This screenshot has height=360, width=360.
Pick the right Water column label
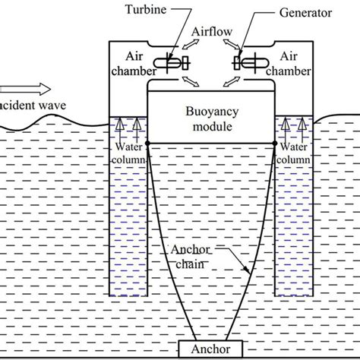[x=292, y=153]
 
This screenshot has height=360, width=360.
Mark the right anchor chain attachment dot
[x=274, y=142]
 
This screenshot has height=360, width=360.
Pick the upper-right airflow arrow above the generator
[x=228, y=47]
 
